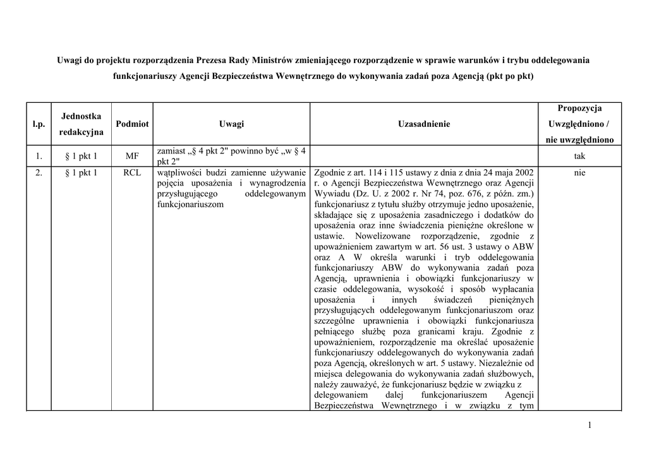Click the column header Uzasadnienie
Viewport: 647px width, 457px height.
tap(424, 124)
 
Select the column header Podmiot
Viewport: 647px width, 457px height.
tap(133, 124)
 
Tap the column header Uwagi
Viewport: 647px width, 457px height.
tap(232, 124)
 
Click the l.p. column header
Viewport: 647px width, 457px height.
tap(39, 124)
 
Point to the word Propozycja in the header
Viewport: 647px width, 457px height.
tap(579, 109)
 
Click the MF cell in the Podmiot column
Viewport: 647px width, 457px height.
tap(133, 156)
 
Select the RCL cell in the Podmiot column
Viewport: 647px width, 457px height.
tap(133, 172)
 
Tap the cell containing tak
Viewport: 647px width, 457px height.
tap(579, 156)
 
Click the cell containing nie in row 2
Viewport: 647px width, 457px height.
tap(579, 172)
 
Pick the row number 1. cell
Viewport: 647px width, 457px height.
tap(39, 156)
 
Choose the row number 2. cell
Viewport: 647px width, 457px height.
tap(39, 172)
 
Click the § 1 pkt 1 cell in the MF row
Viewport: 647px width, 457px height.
tap(82, 156)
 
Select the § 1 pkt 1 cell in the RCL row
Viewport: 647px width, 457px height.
tap(82, 172)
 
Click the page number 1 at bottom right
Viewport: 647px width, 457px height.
tap(589, 426)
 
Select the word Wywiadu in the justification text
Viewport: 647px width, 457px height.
tap(331, 193)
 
